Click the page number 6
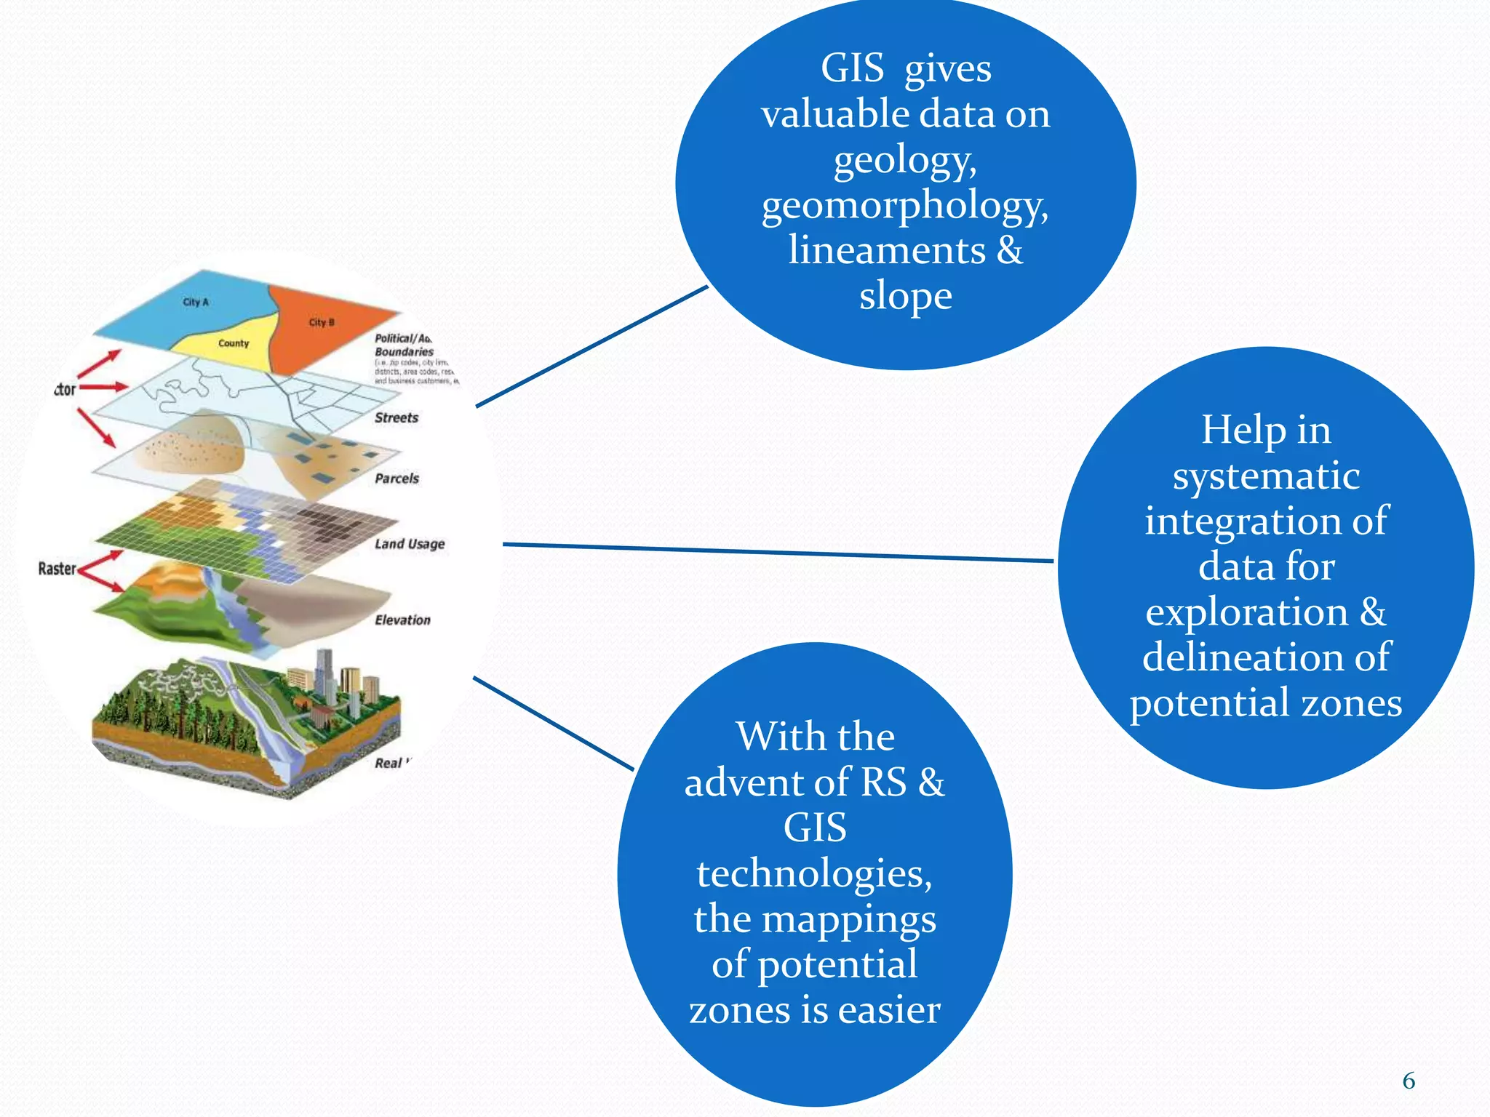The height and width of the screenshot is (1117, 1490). [1409, 1081]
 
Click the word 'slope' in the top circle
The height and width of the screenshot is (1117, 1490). [905, 296]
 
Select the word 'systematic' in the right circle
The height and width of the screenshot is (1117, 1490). [1266, 476]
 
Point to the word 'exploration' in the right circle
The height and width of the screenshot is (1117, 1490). [1246, 612]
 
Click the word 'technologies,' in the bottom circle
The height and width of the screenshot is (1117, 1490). [814, 873]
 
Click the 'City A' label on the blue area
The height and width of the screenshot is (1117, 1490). [195, 302]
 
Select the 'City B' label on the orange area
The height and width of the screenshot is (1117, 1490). [322, 322]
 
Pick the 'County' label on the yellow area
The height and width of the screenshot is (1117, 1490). [234, 343]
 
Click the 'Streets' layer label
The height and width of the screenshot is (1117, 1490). [397, 418]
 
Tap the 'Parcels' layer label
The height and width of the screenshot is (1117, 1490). [397, 479]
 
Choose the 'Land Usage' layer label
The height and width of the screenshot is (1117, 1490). [410, 544]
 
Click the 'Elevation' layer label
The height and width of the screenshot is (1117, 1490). [402, 620]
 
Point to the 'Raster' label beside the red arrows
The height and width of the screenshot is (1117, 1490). [57, 569]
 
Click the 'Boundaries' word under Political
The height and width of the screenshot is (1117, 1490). [404, 352]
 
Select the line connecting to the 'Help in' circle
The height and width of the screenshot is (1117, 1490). [778, 553]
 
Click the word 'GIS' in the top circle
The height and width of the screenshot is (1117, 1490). [852, 69]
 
